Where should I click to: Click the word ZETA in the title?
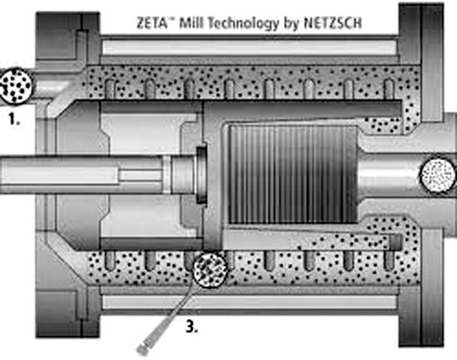point(152,23)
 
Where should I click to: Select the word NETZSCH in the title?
point(333,23)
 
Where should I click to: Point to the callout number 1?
point(14,119)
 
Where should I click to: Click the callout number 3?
point(192,327)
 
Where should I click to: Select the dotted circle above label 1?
point(16,85)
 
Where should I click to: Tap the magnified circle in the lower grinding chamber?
point(211,269)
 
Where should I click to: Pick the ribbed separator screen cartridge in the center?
point(293,175)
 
